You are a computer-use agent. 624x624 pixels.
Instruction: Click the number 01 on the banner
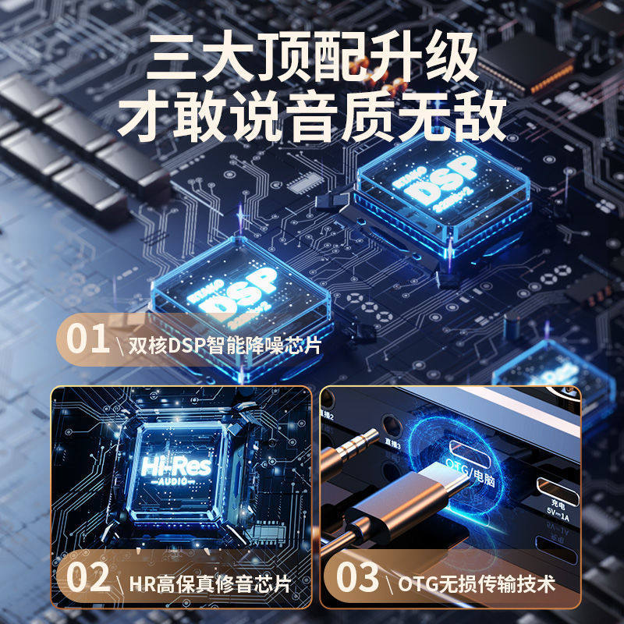click(85, 342)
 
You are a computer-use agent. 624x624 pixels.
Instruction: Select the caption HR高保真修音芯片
click(209, 583)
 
